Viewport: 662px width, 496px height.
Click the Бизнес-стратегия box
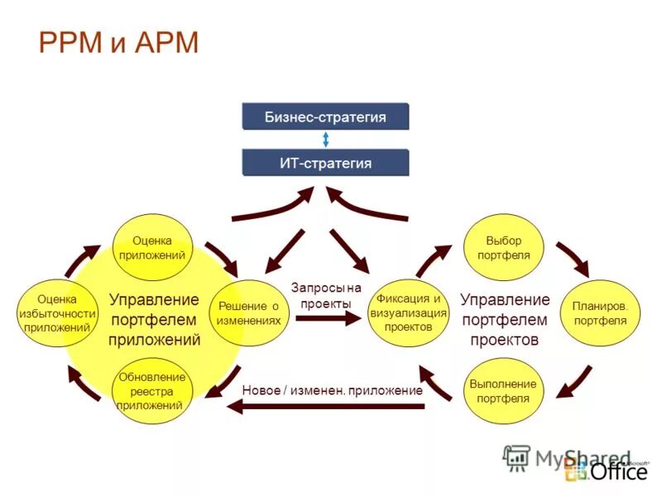tap(325, 117)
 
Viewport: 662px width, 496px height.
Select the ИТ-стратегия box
tap(325, 163)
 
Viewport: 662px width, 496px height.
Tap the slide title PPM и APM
tap(119, 42)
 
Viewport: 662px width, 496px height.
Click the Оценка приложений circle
tap(152, 248)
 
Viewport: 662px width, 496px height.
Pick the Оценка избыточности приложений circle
tap(57, 313)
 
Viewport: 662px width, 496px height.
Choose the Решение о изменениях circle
tap(248, 312)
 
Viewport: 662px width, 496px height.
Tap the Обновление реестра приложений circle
tap(152, 391)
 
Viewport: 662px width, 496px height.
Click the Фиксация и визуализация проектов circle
tap(408, 312)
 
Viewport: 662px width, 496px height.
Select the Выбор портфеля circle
tap(504, 247)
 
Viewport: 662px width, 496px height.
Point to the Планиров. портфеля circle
tap(600, 312)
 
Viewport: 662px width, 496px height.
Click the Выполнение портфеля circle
tap(503, 391)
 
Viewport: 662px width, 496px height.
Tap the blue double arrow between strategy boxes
tap(326, 140)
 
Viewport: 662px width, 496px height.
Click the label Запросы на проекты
tap(326, 295)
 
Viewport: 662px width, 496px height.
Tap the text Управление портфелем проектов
tap(504, 319)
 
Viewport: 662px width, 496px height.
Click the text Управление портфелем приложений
tap(154, 319)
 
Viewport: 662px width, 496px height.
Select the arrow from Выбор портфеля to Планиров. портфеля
tap(572, 258)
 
